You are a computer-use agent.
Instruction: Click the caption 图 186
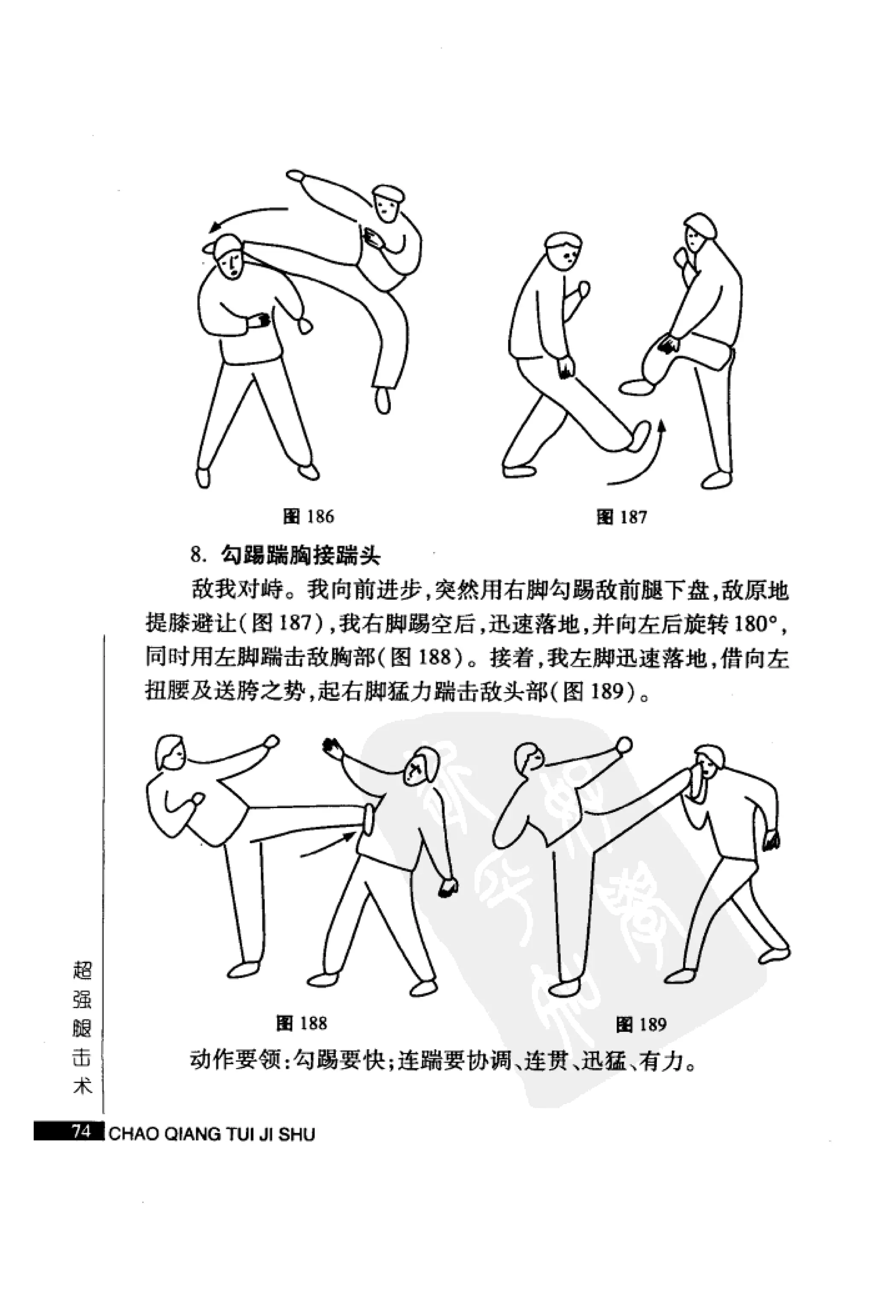tap(309, 517)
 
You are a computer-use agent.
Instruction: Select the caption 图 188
tap(301, 1023)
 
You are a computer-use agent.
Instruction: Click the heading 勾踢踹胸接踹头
tap(300, 555)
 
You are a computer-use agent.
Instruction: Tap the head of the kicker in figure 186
tap(387, 203)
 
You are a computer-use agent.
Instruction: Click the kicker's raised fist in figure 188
tap(271, 741)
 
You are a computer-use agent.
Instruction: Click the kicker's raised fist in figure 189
tap(623, 745)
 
